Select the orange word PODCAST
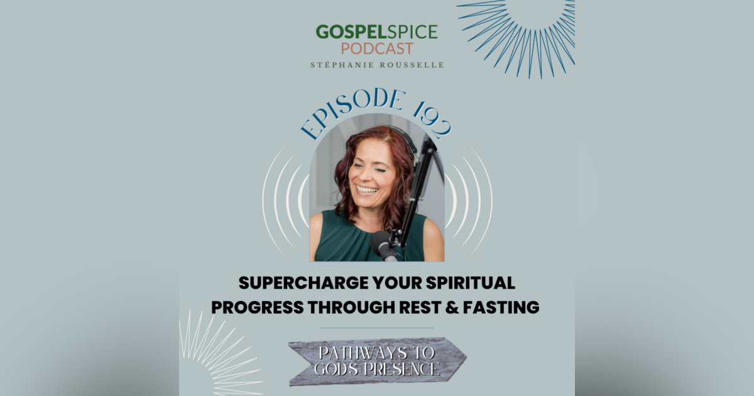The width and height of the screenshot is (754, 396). coord(377,49)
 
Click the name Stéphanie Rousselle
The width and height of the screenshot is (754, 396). coord(377,65)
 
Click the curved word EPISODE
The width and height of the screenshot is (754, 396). coord(349,112)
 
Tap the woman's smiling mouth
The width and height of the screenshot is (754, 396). coord(368,189)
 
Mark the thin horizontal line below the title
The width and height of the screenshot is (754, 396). coord(377,327)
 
